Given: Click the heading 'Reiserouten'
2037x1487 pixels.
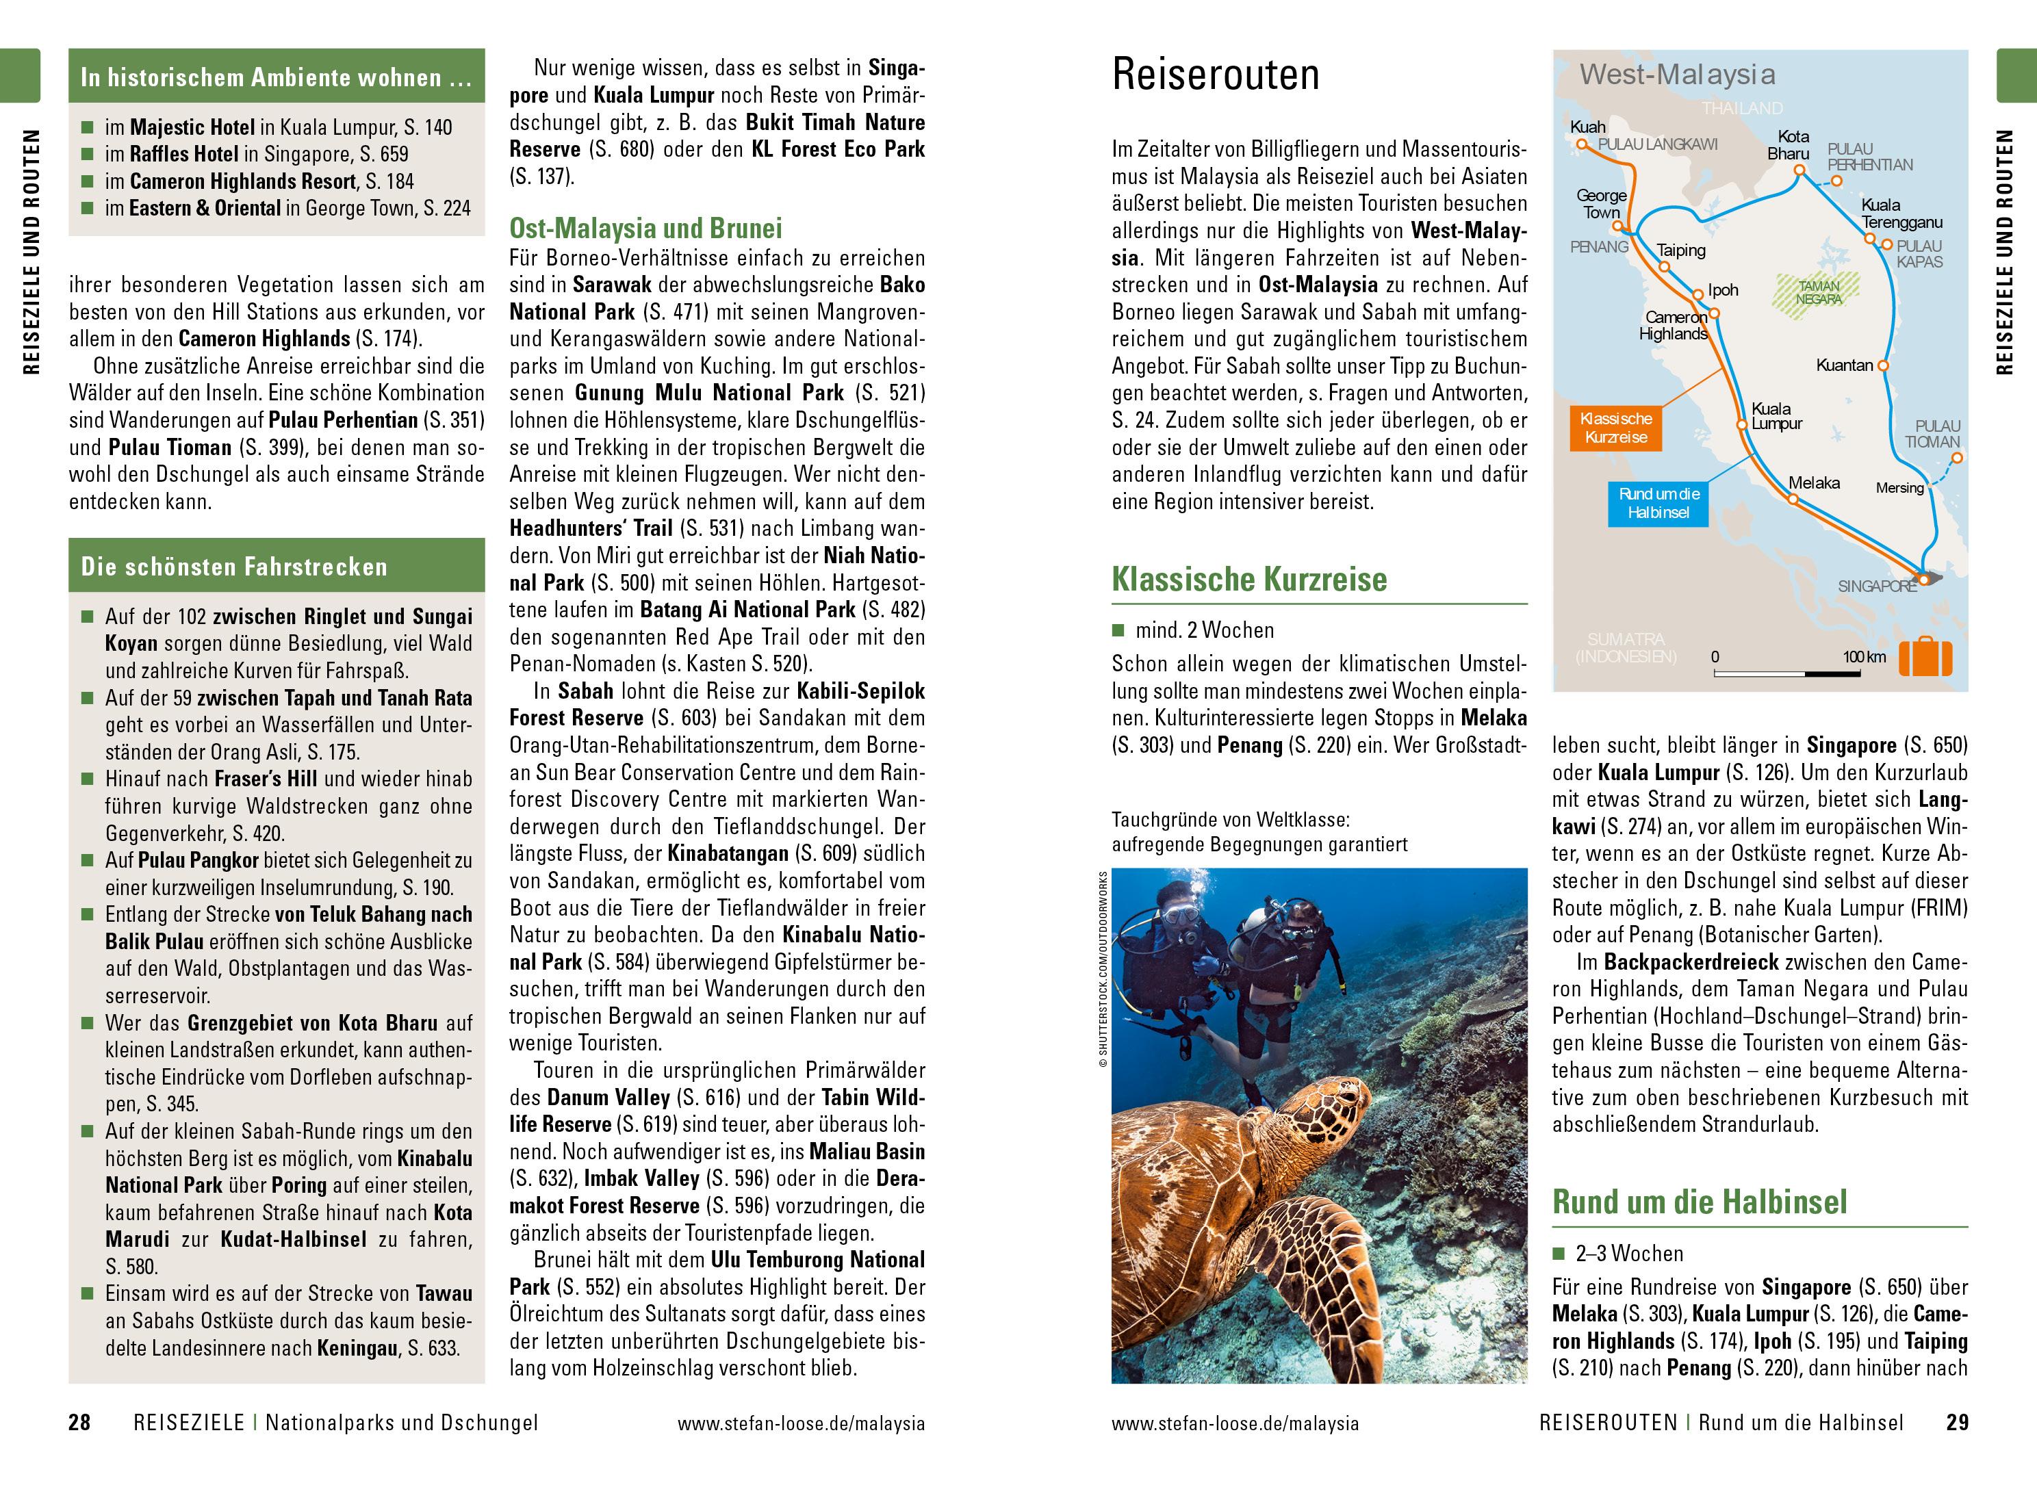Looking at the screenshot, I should click(1215, 74).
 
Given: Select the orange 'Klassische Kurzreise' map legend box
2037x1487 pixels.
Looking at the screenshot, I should click(1616, 428).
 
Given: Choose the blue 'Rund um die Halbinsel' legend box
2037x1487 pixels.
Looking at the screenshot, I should click(1658, 503).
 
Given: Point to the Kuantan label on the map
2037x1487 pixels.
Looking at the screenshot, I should click(1845, 365).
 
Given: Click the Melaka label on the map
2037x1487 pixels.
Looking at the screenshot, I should click(1814, 483).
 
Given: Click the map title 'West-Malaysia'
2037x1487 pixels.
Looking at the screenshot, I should click(1677, 75).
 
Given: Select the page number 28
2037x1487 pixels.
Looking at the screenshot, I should click(80, 1423).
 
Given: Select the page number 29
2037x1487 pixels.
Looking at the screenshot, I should click(1956, 1423).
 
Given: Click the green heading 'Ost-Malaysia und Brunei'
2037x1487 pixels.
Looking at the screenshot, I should click(645, 229).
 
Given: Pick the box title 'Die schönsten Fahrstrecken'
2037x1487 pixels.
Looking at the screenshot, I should click(234, 567).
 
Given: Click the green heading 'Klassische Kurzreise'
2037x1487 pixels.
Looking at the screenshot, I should click(1248, 580).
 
